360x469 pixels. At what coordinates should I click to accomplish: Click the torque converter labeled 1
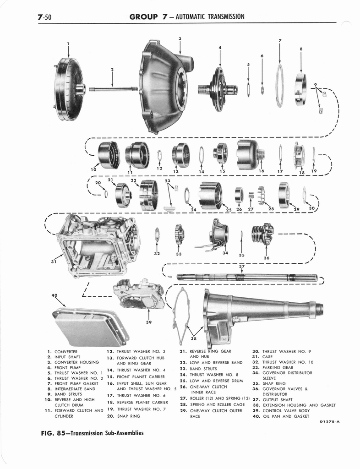tap(69, 89)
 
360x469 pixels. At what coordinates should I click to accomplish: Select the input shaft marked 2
tap(113, 89)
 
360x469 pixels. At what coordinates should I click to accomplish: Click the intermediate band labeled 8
tap(300, 89)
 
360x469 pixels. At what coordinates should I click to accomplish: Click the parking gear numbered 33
tap(178, 234)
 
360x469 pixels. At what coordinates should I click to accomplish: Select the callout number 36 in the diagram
tap(267, 257)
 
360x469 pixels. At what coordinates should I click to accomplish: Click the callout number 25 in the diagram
tap(229, 210)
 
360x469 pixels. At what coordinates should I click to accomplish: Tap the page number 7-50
tap(45, 17)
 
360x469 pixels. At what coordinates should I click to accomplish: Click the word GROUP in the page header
tap(143, 16)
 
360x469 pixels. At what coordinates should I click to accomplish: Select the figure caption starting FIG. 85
tap(92, 433)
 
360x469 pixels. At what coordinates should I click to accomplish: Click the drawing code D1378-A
tap(330, 422)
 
